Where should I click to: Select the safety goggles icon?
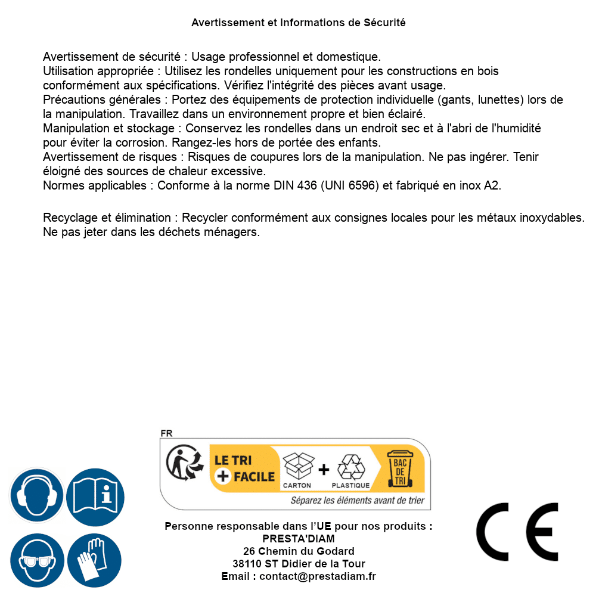tap(37, 560)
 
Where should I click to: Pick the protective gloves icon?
tap(95, 560)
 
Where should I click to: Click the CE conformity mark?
tap(517, 532)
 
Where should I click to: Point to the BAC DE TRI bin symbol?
tap(399, 468)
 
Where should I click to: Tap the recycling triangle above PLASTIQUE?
tap(350, 467)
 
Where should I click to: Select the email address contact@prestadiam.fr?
tap(318, 576)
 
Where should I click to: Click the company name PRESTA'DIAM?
tap(299, 539)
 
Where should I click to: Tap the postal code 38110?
tap(246, 564)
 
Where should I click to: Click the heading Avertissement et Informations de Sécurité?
tap(299, 23)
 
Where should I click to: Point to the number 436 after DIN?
tap(308, 185)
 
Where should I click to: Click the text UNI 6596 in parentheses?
tap(350, 185)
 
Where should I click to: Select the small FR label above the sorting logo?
tap(166, 433)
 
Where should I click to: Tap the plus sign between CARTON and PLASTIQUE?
tap(324, 470)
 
